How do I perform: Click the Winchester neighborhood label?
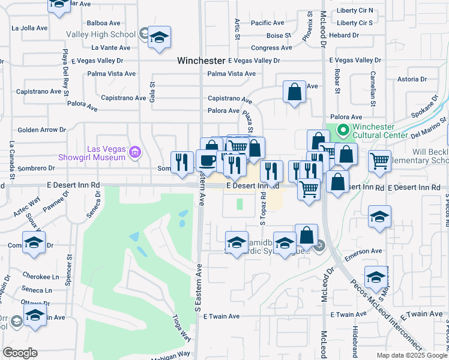pos(201,61)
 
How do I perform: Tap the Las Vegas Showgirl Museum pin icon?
pos(136,152)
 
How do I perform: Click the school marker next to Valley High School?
pos(159,37)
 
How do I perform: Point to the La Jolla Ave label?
pos(29,28)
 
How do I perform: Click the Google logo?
pos(20,353)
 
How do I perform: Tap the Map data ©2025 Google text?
pos(411,355)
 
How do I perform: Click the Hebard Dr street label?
pos(343,35)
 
